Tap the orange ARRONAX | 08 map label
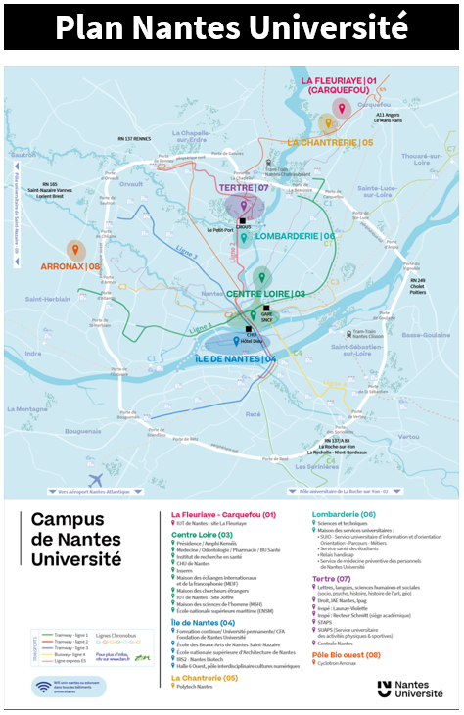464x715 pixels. click(x=70, y=265)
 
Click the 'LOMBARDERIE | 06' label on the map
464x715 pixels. click(x=295, y=236)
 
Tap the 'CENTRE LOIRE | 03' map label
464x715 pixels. click(x=265, y=294)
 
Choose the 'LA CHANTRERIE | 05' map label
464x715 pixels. click(x=330, y=143)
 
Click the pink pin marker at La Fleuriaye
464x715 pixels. click(x=341, y=107)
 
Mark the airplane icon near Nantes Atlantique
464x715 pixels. click(x=96, y=479)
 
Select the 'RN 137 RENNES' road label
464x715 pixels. click(x=135, y=139)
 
